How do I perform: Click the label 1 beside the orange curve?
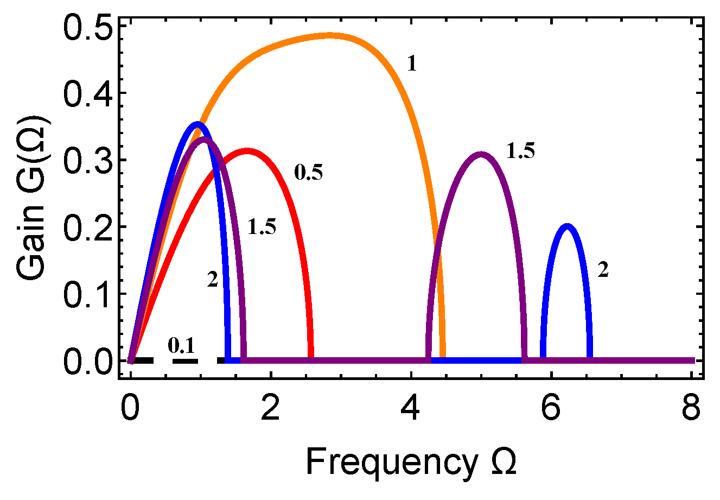pos(412,65)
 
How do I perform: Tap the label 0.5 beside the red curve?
pos(308,173)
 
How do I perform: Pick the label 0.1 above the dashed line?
pos(181,344)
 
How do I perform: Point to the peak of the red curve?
pos(247,151)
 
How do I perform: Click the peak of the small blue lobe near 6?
pos(567,226)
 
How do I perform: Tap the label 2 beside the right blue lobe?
pos(603,270)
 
